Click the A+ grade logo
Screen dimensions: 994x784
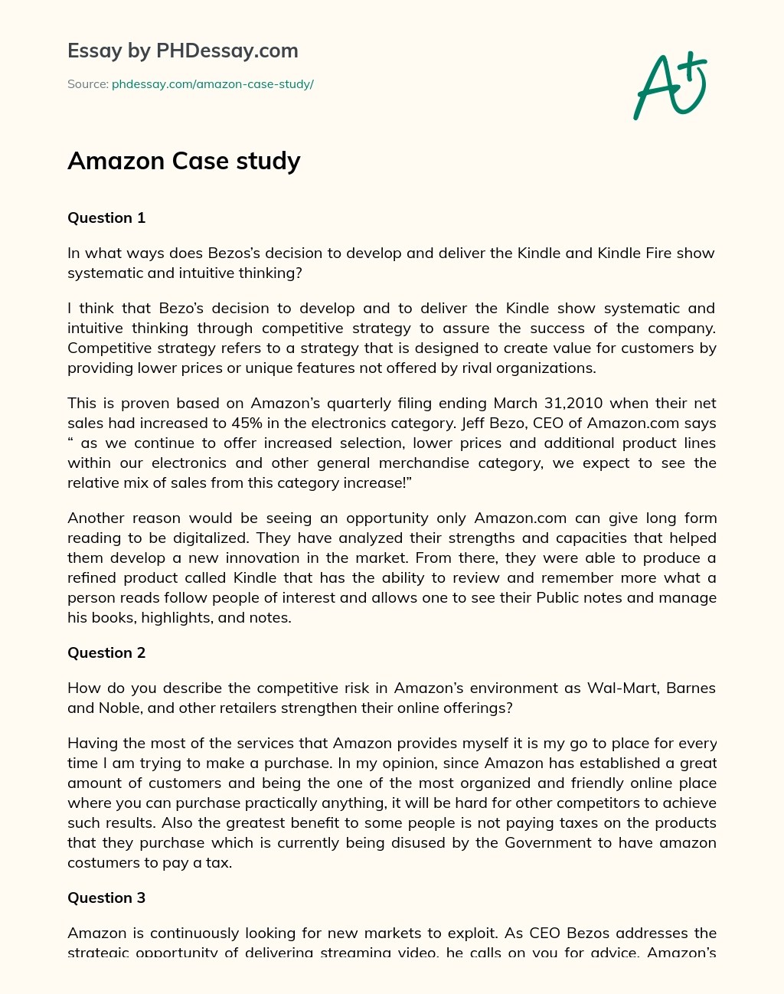pyautogui.click(x=671, y=86)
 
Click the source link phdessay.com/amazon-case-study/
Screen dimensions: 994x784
pyautogui.click(x=212, y=84)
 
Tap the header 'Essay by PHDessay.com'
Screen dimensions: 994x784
pyautogui.click(x=183, y=51)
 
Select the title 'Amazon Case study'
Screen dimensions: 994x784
pyautogui.click(x=184, y=161)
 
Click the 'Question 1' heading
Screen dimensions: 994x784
pyautogui.click(x=106, y=218)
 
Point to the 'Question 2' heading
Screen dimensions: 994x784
pyautogui.click(x=106, y=653)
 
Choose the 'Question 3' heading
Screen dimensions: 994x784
pyautogui.click(x=106, y=898)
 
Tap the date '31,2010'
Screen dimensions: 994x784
pyautogui.click(x=571, y=404)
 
